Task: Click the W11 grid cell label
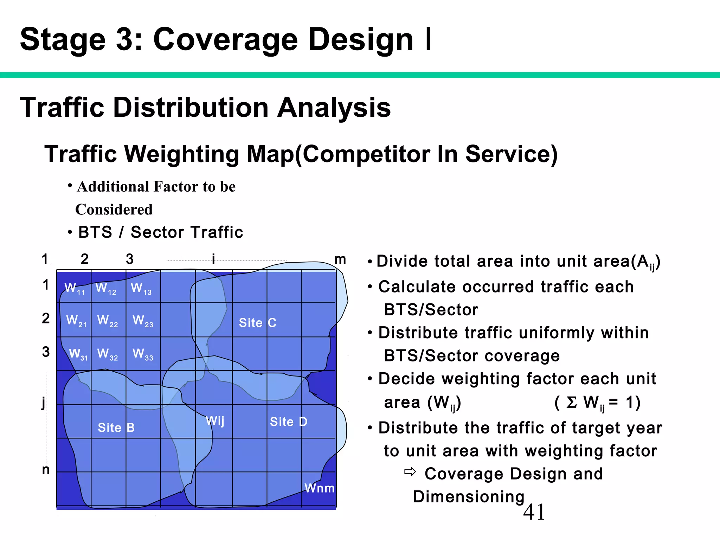(x=75, y=289)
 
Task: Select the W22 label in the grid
(x=107, y=321)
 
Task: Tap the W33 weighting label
(x=143, y=354)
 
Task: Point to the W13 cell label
(x=141, y=289)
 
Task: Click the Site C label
(x=257, y=323)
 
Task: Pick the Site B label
(x=116, y=427)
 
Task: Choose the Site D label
(x=288, y=422)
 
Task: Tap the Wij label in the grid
(x=215, y=420)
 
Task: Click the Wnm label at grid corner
(x=319, y=488)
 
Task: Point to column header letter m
(x=340, y=259)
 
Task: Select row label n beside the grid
(x=46, y=470)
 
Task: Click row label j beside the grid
(x=44, y=402)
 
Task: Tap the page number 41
(x=534, y=512)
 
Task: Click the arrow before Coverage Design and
(x=410, y=472)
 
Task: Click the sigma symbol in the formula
(x=572, y=402)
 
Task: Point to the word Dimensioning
(x=469, y=497)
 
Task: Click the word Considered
(x=114, y=210)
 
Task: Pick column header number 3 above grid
(x=129, y=259)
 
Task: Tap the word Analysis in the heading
(x=334, y=108)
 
